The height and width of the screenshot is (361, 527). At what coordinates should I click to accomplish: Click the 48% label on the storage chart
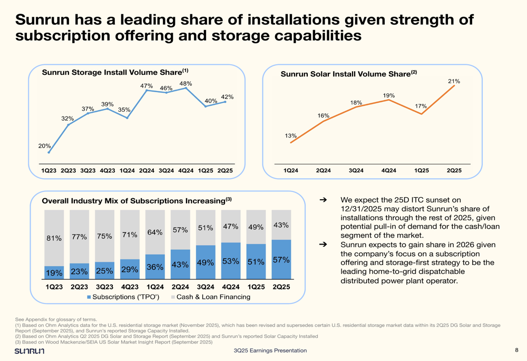(186, 83)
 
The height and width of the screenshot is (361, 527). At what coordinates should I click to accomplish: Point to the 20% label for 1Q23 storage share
(44, 146)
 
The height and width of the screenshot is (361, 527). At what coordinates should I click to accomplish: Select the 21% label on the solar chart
(454, 81)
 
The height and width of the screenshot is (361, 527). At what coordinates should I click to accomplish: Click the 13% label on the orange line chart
(290, 136)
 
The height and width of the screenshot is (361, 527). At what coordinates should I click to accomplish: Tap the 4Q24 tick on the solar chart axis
(389, 171)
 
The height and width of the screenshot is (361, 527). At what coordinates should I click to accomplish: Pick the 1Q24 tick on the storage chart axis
(127, 171)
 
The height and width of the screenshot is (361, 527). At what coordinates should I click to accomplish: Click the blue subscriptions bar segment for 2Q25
(281, 259)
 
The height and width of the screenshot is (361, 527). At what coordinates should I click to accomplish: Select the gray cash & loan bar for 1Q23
(54, 238)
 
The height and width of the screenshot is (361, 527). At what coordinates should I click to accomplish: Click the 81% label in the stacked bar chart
(54, 238)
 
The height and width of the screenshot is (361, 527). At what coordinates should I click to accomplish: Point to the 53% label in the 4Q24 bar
(230, 261)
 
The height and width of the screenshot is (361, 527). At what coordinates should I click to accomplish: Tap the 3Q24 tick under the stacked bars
(206, 287)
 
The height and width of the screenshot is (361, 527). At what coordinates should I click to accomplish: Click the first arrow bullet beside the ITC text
(324, 201)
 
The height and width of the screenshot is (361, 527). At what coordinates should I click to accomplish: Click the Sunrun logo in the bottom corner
(30, 351)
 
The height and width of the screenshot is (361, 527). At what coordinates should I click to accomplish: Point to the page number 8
(516, 350)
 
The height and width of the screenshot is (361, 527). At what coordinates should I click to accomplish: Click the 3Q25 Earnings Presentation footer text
(270, 351)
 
